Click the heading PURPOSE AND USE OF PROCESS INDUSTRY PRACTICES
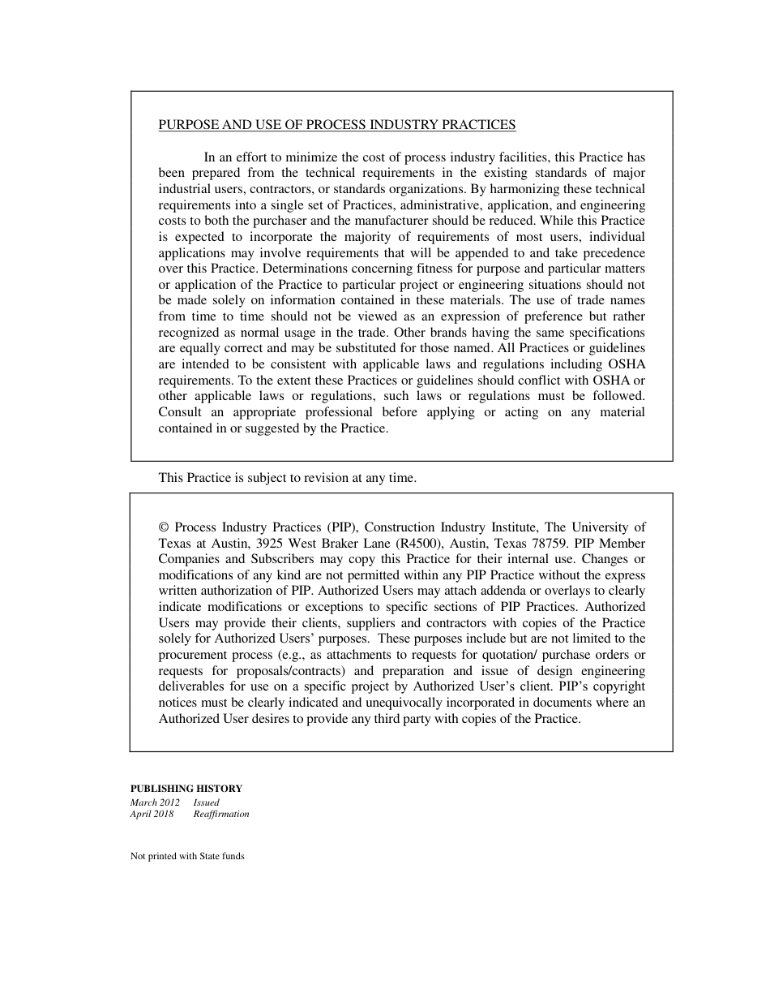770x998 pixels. coord(336,125)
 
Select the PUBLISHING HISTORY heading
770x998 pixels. coord(186,788)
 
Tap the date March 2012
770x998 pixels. coord(155,802)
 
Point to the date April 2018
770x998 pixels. coord(152,814)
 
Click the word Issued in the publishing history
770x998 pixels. coord(206,802)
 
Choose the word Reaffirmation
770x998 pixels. coord(221,814)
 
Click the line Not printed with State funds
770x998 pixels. coord(187,856)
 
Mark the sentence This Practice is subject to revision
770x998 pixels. coord(287,478)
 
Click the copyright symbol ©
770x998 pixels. coord(164,527)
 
